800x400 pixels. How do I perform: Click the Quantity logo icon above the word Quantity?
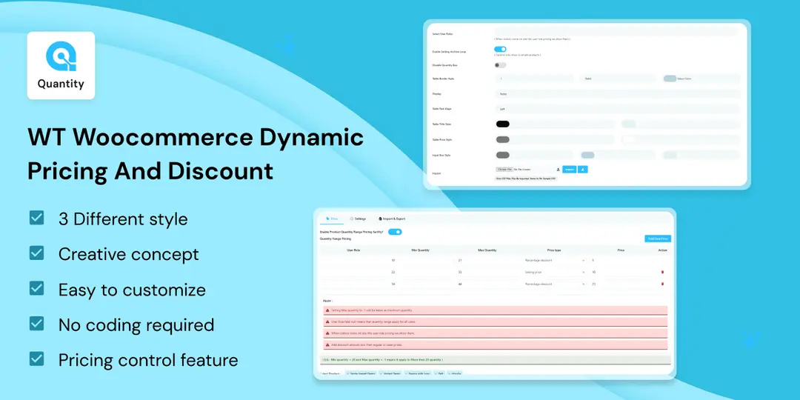tap(61, 57)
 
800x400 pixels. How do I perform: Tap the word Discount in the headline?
tap(221, 171)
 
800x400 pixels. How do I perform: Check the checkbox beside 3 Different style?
tap(36, 218)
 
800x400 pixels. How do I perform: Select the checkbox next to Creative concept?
tap(36, 253)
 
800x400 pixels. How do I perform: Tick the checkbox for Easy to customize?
tap(36, 289)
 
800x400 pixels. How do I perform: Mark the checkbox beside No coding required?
tap(36, 324)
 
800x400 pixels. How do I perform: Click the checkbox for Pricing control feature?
tap(36, 359)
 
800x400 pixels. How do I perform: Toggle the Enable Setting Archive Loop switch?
tap(500, 50)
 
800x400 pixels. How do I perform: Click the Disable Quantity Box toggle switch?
tap(501, 65)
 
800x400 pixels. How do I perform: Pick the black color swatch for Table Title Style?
tap(502, 124)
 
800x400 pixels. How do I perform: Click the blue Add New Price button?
tap(658, 239)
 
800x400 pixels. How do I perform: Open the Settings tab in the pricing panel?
tap(358, 219)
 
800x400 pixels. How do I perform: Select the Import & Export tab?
tap(393, 219)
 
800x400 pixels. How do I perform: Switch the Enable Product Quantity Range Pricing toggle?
tap(395, 232)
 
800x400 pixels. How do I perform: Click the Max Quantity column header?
tap(486, 250)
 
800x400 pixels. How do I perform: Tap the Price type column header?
tap(554, 250)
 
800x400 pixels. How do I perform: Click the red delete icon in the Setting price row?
tap(662, 272)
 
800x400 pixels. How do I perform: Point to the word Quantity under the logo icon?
tap(61, 84)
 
